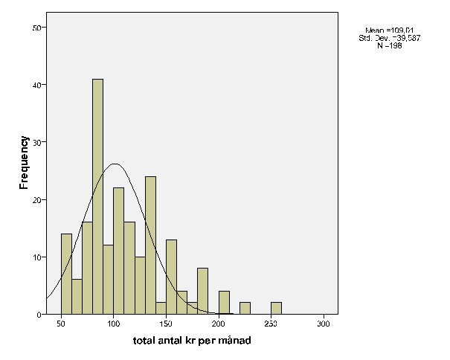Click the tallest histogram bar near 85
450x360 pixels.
97,196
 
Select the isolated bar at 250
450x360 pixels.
276,308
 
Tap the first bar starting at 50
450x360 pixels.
66,274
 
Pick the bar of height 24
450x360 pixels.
150,245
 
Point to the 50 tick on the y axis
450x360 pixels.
41,28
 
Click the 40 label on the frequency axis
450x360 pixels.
41,85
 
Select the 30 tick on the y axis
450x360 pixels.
41,142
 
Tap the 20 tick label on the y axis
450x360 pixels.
41,199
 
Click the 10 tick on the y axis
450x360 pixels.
41,257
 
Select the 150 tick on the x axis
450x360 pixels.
166,325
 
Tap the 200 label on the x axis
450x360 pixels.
219,325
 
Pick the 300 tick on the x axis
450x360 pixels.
324,325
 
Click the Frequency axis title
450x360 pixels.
24,163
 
